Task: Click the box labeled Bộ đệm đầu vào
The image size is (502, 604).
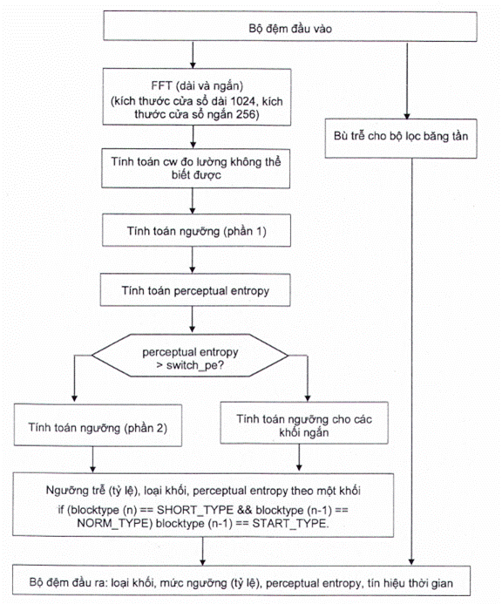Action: (290, 26)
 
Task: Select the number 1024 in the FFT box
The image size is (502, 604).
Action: (242, 101)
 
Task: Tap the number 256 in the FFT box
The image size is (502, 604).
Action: (246, 114)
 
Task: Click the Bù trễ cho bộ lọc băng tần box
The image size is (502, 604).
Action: (401, 139)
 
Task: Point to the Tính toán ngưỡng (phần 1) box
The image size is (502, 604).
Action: (196, 230)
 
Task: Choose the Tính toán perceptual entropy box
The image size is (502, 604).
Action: (195, 290)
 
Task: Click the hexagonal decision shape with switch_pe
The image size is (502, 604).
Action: (190, 355)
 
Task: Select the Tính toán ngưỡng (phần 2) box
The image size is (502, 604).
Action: (98, 424)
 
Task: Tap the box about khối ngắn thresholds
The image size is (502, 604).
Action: (304, 423)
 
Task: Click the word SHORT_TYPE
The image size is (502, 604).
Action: (195, 510)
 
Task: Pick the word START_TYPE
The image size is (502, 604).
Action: (290, 524)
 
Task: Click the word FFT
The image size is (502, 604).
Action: (161, 86)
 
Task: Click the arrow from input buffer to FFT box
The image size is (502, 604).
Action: (193, 55)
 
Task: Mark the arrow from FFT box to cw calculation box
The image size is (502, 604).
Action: (193, 137)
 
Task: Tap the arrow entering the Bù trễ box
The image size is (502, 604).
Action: (407, 80)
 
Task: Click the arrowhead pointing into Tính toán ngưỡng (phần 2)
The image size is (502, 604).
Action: (74, 398)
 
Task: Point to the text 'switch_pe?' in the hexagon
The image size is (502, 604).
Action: (195, 365)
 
